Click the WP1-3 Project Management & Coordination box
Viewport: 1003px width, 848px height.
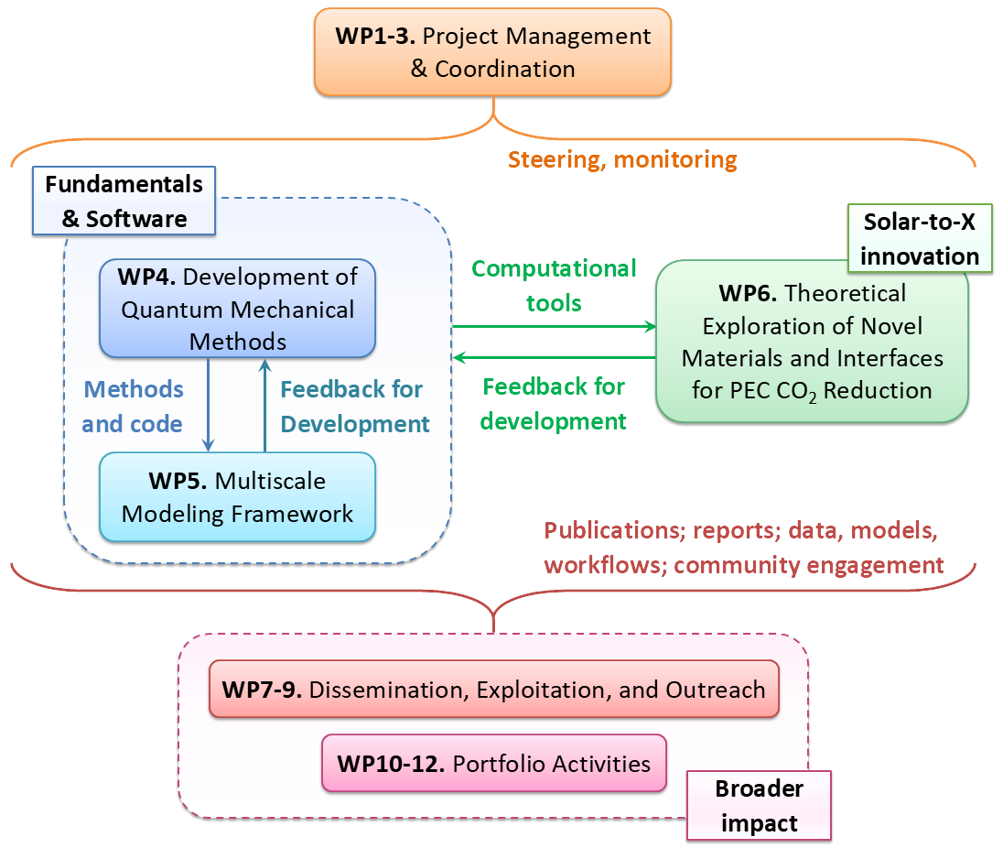click(x=492, y=52)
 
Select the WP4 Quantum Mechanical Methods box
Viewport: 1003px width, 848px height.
click(x=237, y=310)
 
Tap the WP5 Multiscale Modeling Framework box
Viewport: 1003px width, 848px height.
click(x=237, y=497)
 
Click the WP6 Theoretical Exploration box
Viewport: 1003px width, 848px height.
click(x=812, y=342)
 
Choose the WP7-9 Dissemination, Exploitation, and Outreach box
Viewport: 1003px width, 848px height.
click(x=493, y=690)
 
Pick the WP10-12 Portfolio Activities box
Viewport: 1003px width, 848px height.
click(x=493, y=763)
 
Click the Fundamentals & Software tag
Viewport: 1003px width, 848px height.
click(x=124, y=201)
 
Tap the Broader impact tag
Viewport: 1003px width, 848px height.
click(x=759, y=805)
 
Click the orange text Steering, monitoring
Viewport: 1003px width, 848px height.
click(x=622, y=159)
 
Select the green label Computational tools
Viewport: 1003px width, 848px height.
click(x=554, y=285)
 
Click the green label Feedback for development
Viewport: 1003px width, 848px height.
click(x=554, y=403)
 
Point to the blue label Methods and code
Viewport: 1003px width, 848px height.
click(x=133, y=406)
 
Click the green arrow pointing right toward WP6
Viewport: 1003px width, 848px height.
click(x=554, y=326)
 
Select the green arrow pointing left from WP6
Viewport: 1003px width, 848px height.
click(x=554, y=357)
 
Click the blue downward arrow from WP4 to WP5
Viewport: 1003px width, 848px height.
click(x=210, y=404)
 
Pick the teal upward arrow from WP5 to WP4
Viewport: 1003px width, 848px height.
click(x=264, y=404)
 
